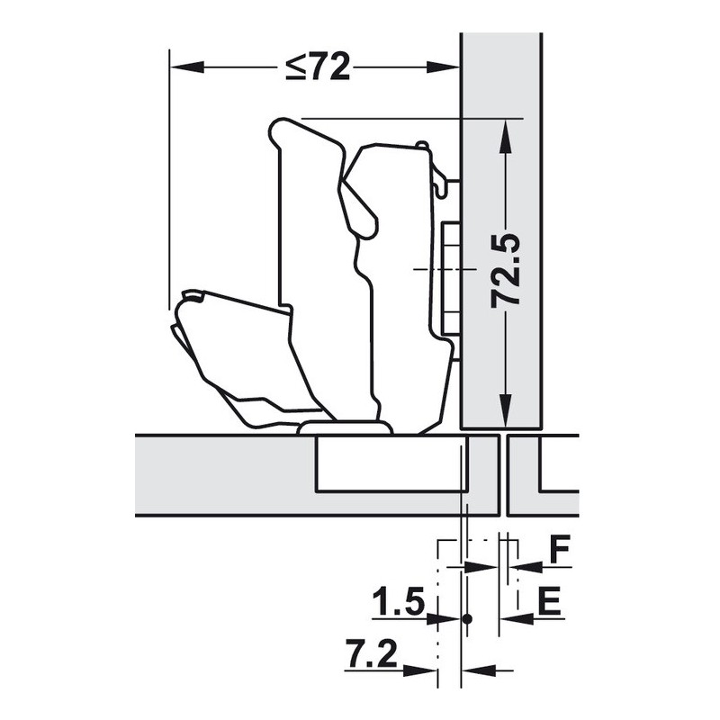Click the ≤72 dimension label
318,67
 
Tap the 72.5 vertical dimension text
506,271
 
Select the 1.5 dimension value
398,602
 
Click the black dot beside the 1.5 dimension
467,619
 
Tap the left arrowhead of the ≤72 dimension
186,67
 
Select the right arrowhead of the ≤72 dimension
443,67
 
